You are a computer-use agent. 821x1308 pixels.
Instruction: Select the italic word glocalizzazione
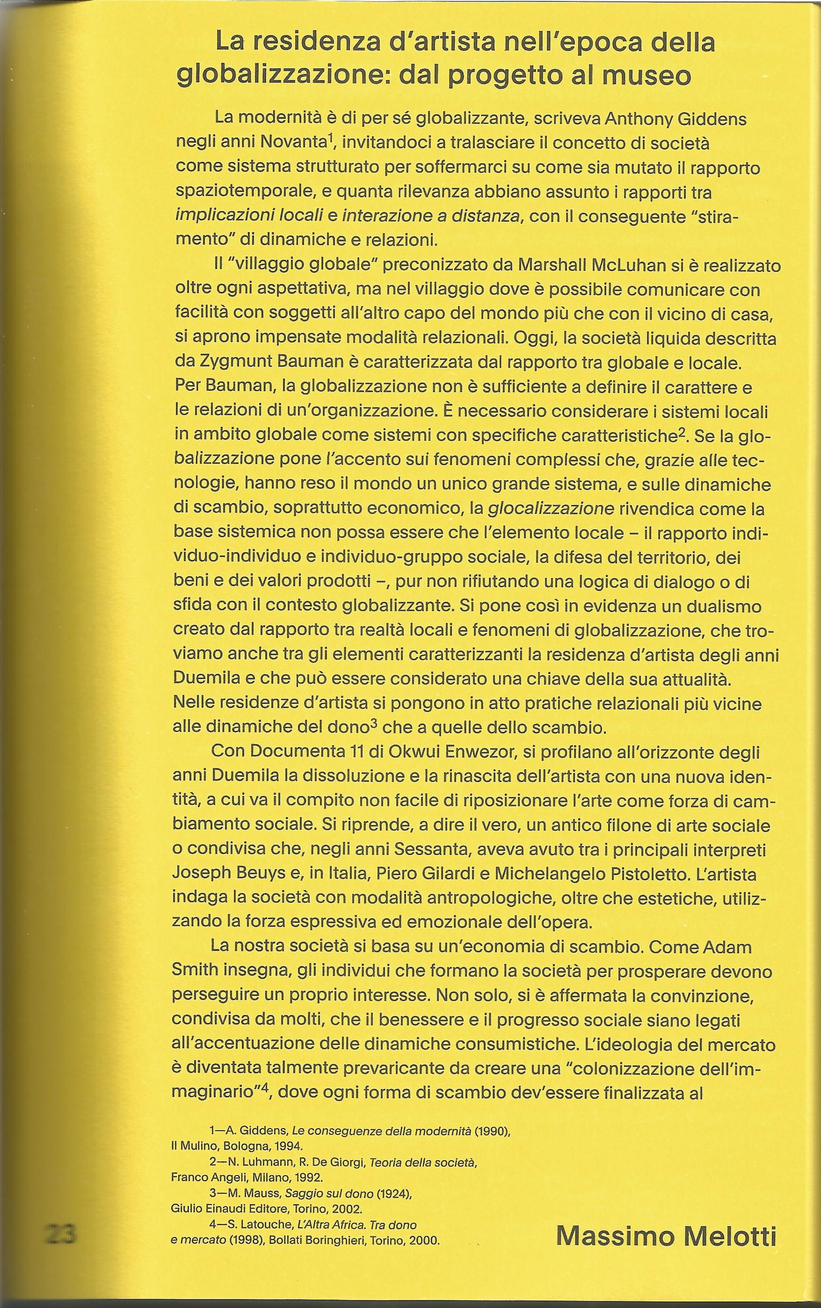click(x=551, y=509)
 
